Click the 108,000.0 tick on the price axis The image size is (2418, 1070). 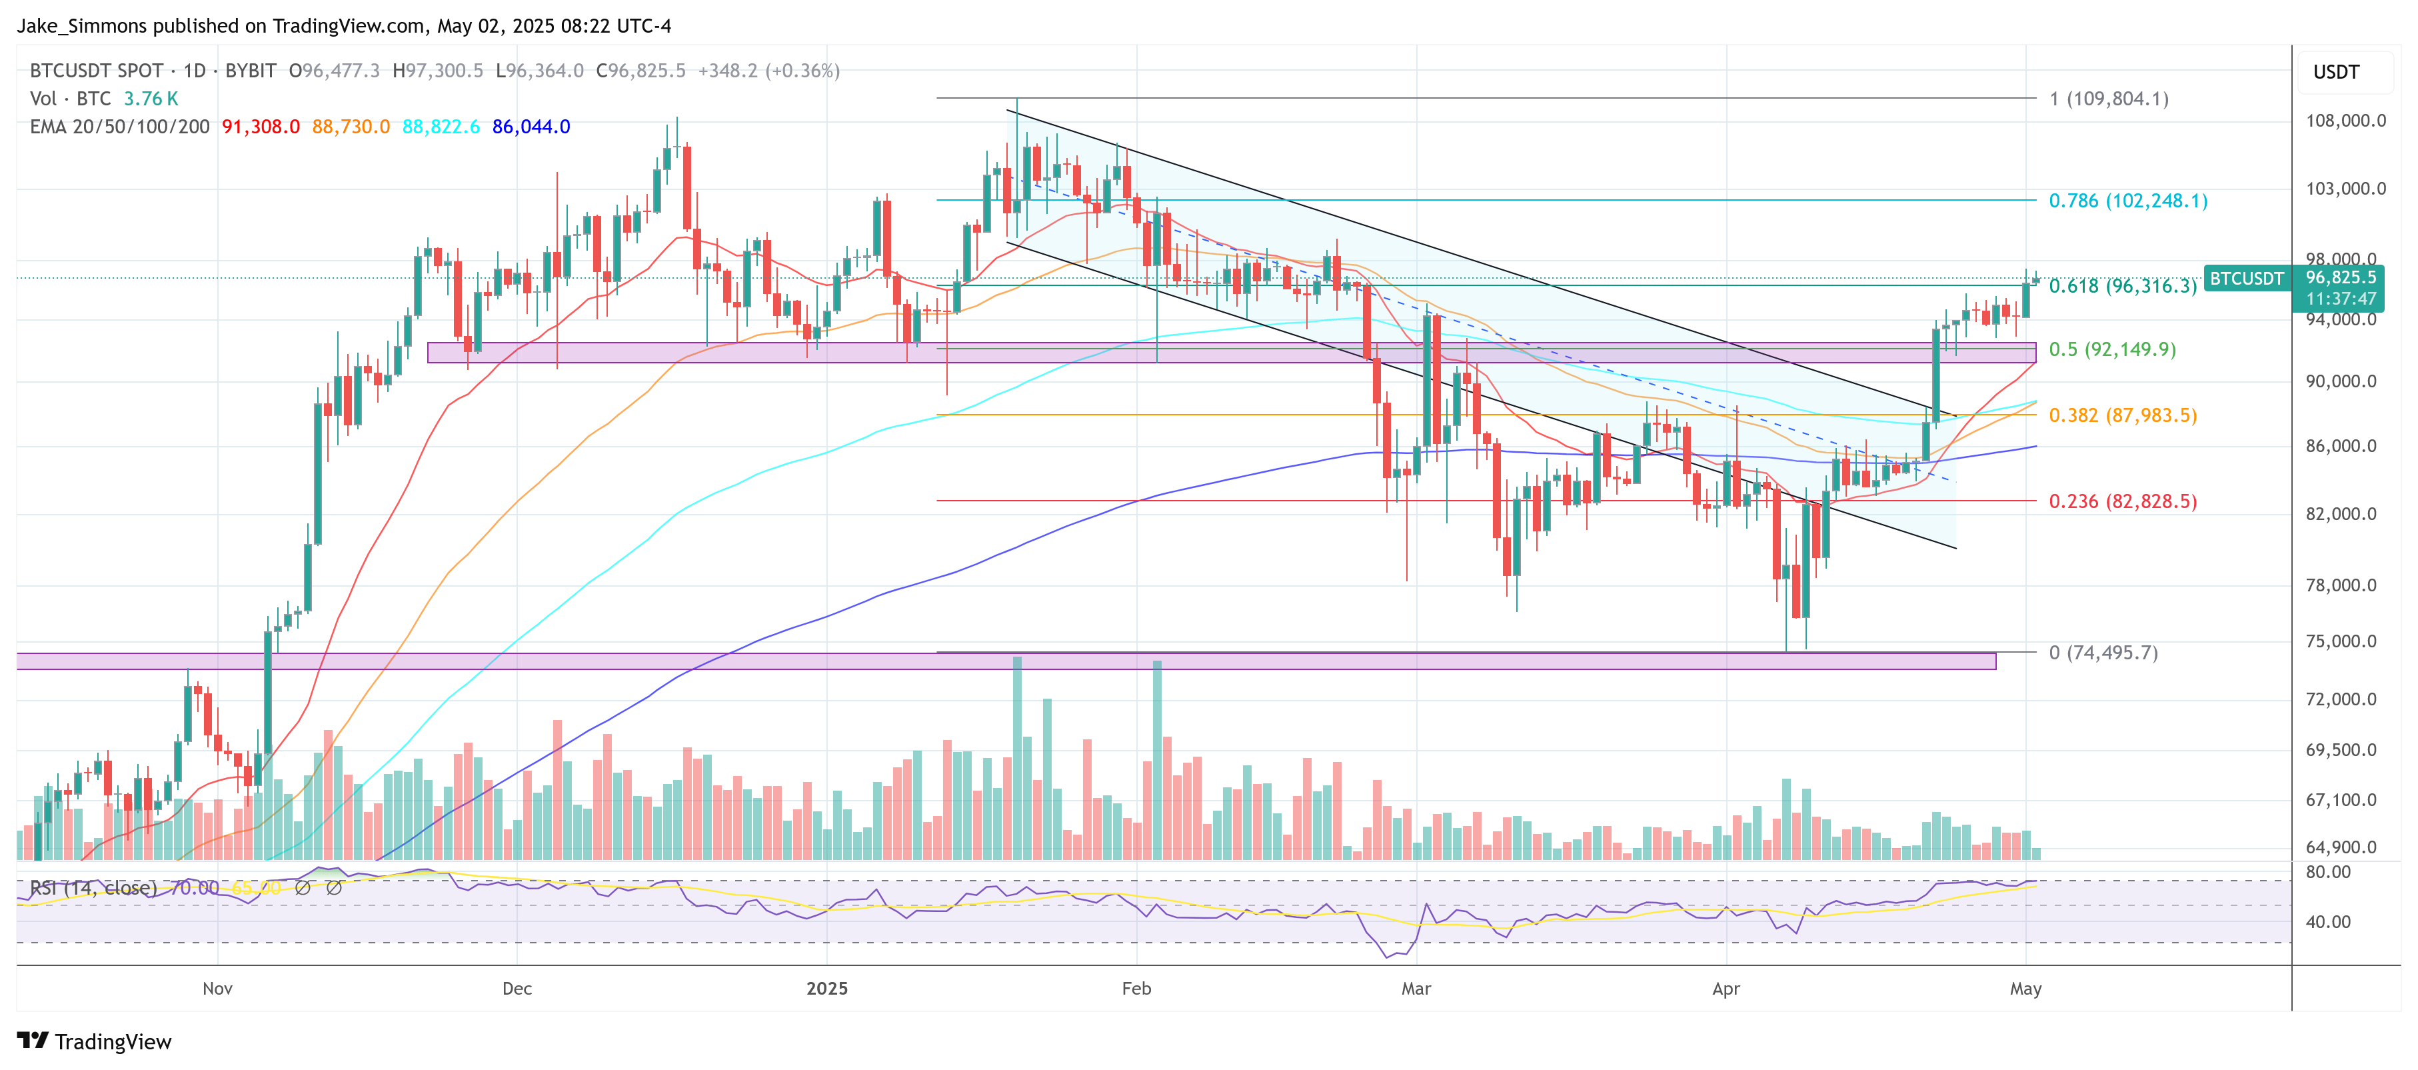click(2345, 120)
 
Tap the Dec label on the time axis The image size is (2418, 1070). click(517, 989)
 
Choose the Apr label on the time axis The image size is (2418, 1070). click(1726, 989)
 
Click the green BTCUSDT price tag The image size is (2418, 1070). click(2246, 279)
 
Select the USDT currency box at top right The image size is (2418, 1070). click(2335, 72)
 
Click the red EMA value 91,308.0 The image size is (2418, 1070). click(260, 127)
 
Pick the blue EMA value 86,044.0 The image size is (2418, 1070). click(531, 127)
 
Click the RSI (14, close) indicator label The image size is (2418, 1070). click(93, 888)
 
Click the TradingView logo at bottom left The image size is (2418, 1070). click(94, 1042)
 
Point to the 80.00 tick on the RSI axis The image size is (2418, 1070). click(2328, 872)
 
